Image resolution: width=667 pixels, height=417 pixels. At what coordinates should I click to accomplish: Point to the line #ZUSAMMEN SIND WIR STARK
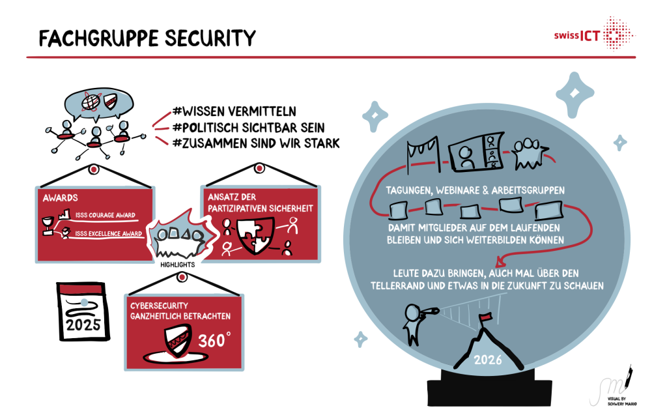(x=257, y=143)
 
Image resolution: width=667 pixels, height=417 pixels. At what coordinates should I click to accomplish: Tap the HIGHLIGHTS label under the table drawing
(x=177, y=265)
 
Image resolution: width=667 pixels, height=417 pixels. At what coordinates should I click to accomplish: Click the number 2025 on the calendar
(x=82, y=324)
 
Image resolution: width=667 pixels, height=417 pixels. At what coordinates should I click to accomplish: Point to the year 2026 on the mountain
(x=489, y=359)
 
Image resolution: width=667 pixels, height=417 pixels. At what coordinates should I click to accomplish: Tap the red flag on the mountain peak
(x=485, y=318)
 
